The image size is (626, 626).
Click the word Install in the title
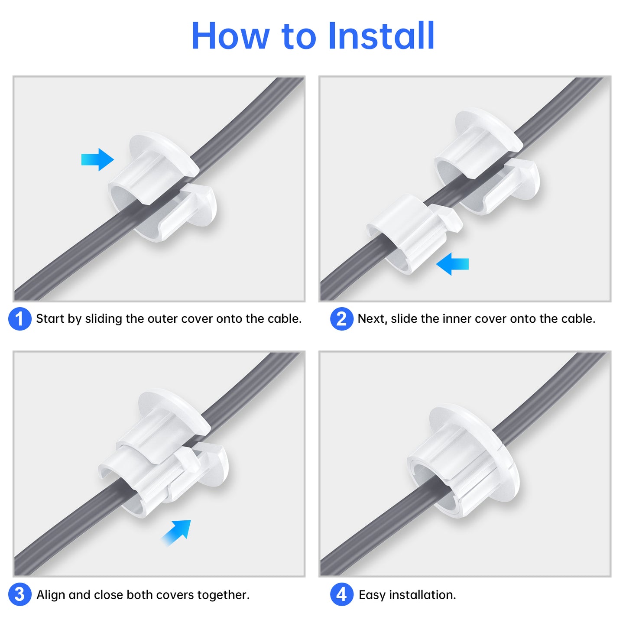(381, 36)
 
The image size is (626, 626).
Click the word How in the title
(230, 36)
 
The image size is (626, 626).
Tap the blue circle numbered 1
(19, 319)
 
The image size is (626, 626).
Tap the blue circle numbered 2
(341, 319)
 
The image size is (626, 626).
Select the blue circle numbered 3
(19, 594)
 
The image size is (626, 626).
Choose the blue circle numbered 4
(341, 594)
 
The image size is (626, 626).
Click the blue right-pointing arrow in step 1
(97, 159)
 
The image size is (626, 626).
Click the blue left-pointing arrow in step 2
(452, 263)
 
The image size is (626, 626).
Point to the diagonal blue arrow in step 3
(177, 532)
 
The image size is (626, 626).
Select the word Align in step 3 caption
(51, 595)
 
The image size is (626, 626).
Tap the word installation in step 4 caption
(422, 595)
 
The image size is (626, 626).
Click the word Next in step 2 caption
(372, 319)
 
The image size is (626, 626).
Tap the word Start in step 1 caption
(50, 319)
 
